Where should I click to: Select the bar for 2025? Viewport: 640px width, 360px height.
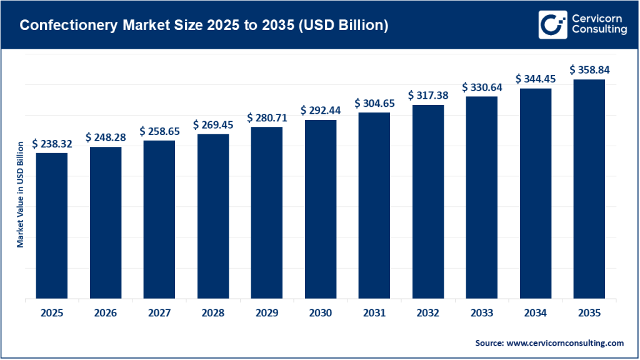pos(52,226)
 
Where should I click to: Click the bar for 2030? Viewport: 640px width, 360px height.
pos(321,209)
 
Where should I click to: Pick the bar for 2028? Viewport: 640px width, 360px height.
pos(213,216)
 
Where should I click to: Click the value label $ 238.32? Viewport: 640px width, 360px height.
pos(52,144)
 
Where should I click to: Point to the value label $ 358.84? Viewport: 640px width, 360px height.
pos(589,70)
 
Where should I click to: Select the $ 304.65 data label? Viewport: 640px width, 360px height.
pos(374,103)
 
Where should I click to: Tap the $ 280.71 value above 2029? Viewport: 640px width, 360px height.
pos(267,117)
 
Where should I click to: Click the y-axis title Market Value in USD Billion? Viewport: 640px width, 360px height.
pos(20,194)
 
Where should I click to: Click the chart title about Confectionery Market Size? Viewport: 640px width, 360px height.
pos(204,26)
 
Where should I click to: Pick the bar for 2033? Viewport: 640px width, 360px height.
pos(482,197)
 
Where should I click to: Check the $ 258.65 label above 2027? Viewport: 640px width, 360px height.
pos(159,131)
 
